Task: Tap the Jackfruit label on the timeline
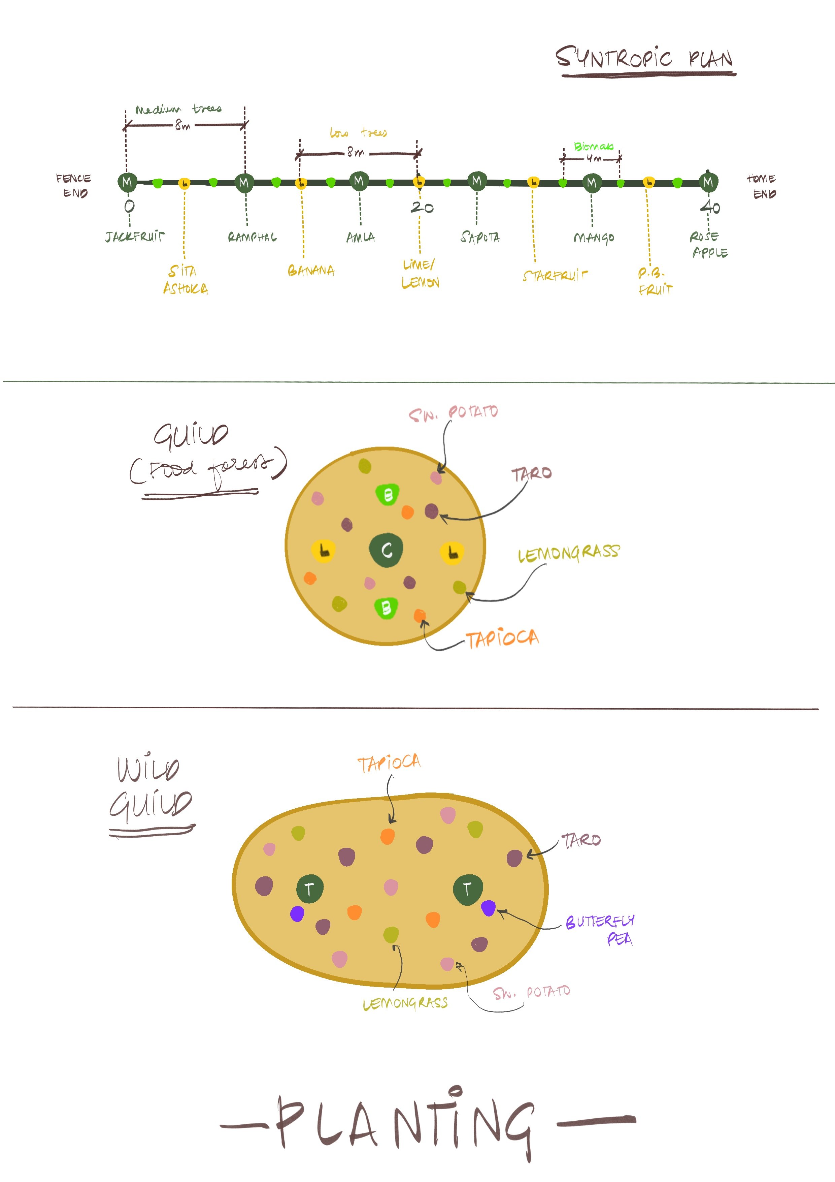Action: coord(135,237)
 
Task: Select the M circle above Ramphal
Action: coord(244,182)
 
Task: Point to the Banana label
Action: coord(311,271)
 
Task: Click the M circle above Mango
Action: coord(592,182)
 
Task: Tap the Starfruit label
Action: coord(555,276)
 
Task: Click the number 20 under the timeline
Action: coord(422,208)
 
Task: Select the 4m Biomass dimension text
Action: coord(594,159)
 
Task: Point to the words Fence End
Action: coord(74,185)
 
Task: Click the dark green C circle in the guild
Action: coord(387,550)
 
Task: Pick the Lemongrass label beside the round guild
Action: coord(568,554)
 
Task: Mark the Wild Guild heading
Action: coord(150,787)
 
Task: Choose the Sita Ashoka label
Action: coord(185,280)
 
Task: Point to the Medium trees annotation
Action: coord(178,109)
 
